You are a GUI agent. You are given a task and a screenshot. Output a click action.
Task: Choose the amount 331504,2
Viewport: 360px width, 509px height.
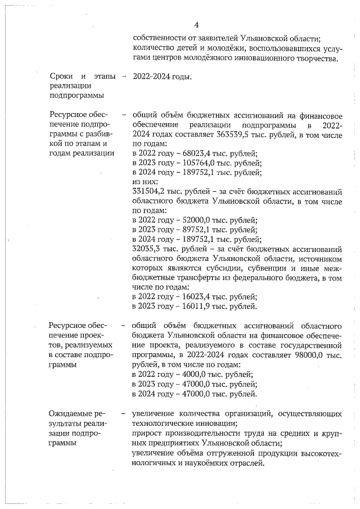click(x=149, y=191)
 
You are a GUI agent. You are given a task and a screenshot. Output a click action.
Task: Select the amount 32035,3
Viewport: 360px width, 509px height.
click(x=147, y=248)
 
